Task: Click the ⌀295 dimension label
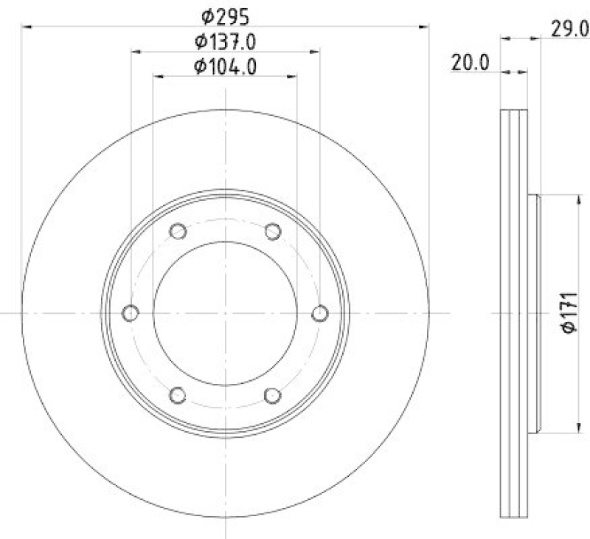tap(226, 15)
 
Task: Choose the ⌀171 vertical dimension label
tap(569, 314)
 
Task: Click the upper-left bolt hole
tap(178, 232)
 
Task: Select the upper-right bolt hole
tap(273, 232)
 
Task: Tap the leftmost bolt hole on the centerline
tap(131, 314)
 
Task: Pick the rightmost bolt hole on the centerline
tap(320, 314)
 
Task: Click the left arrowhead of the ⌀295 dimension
tap(27, 27)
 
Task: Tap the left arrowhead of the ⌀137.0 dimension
tap(136, 52)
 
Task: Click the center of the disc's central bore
tap(226, 314)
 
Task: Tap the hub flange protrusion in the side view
tap(535, 314)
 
